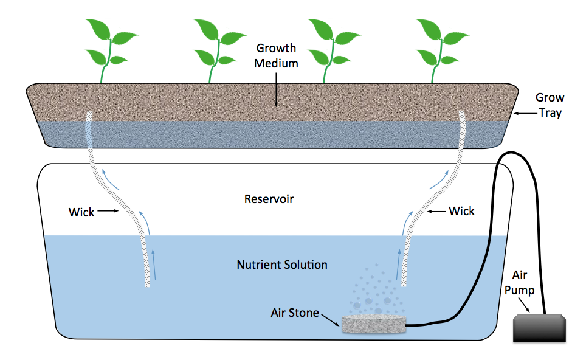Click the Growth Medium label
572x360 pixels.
click(276, 56)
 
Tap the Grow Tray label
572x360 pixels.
click(550, 106)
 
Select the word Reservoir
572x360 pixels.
click(269, 199)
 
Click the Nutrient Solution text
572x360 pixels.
click(282, 265)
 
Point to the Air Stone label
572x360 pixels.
click(295, 313)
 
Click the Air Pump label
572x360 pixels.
click(520, 283)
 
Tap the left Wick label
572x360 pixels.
click(81, 212)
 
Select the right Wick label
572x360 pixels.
click(461, 211)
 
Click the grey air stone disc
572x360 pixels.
click(374, 324)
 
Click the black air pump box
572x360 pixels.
click(539, 328)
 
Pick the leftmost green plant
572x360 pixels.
click(110, 50)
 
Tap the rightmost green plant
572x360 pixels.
click(441, 50)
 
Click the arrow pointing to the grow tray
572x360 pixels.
click(525, 114)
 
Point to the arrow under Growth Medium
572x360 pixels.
click(276, 90)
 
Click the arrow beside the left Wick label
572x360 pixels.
click(108, 210)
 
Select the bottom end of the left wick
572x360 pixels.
click(148, 286)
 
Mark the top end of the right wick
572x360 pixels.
click(462, 112)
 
